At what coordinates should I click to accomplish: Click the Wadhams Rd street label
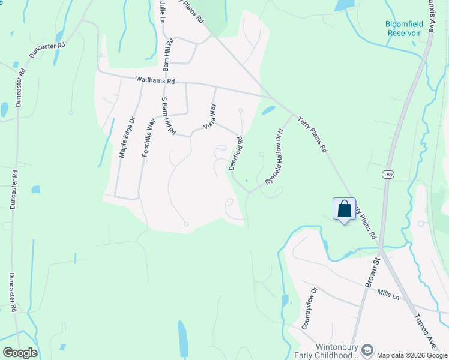[155, 79]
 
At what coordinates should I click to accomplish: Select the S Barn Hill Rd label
[167, 115]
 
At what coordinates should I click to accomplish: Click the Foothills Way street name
[149, 137]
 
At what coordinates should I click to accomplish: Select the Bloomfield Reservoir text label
[403, 29]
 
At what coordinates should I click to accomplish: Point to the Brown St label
[371, 272]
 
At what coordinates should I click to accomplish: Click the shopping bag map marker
[344, 209]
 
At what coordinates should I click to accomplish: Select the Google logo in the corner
[19, 353]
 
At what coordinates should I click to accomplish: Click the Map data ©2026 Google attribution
[412, 355]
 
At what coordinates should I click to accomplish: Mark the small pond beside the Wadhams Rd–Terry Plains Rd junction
[268, 110]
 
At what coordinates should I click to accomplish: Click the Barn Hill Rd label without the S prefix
[170, 52]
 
